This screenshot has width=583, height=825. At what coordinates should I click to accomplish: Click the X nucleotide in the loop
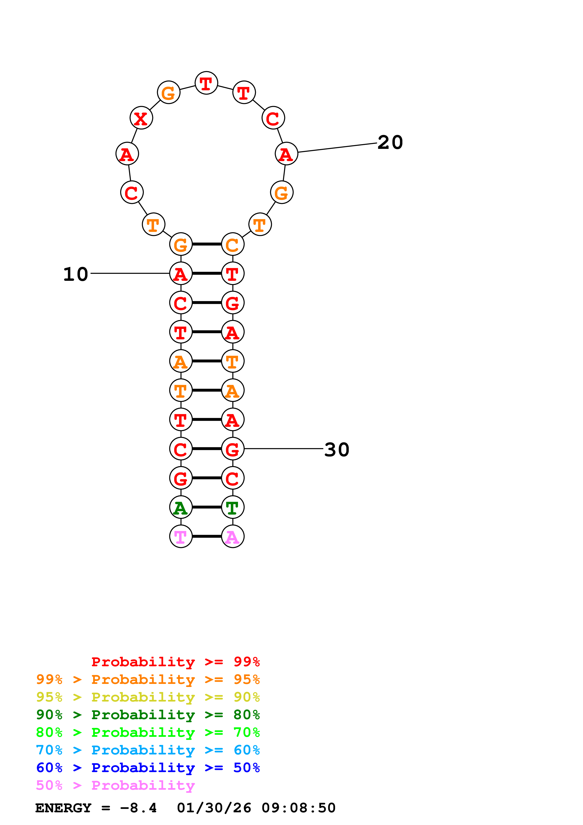point(141,118)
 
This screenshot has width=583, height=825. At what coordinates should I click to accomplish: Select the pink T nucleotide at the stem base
point(181,536)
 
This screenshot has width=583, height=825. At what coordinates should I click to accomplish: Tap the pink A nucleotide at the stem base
point(233,536)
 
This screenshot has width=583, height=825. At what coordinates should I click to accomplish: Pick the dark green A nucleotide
point(181,507)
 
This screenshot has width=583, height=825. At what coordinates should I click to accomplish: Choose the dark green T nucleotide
point(233,507)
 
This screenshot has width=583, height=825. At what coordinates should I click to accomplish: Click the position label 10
point(75,274)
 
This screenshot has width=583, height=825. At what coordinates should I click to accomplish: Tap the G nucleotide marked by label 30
point(233,449)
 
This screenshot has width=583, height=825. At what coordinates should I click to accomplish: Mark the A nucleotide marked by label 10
point(181,274)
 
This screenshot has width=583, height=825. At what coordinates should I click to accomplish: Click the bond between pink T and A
point(207,536)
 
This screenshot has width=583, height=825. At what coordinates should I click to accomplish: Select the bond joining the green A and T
point(207,507)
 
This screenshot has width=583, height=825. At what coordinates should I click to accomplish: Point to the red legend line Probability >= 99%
point(176,662)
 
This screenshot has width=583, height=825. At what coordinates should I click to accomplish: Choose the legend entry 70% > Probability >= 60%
point(148,750)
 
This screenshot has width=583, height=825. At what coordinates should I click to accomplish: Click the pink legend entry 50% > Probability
point(115,785)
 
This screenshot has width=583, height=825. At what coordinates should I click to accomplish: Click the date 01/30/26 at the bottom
point(214,808)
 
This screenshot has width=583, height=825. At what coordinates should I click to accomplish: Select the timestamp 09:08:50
point(298,808)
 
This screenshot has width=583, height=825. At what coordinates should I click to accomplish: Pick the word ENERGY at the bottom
point(63,808)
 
